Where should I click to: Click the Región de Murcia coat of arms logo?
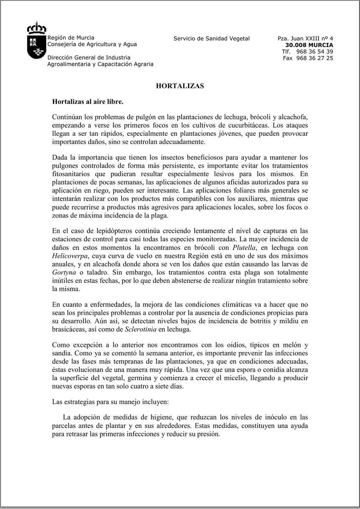click(36, 41)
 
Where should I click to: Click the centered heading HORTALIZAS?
click(180, 86)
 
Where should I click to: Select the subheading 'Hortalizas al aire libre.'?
click(87, 102)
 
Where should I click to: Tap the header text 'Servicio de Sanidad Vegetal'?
click(212, 39)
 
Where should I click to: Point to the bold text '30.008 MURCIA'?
click(309, 45)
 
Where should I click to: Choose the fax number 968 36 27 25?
click(314, 58)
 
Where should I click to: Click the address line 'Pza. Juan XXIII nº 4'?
click(305, 39)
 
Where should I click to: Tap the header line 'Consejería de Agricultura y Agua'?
click(92, 44)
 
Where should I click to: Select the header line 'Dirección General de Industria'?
click(89, 58)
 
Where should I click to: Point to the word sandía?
click(62, 352)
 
